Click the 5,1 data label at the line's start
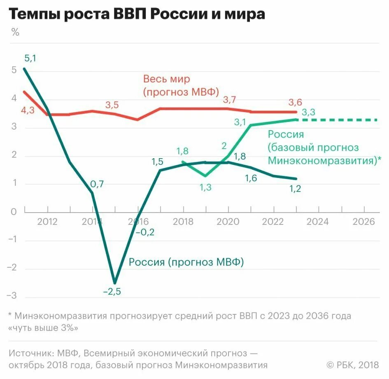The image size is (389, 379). tap(30, 58)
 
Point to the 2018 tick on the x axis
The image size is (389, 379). tap(183, 222)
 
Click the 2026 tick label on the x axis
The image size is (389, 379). tap(364, 222)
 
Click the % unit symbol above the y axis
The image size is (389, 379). tap(15, 33)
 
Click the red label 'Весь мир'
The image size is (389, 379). tap(166, 79)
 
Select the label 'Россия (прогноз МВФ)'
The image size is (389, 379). tap(186, 262)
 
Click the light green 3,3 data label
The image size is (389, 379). tap(309, 112)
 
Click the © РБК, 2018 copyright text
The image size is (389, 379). tap(352, 365)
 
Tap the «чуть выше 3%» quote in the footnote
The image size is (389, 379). tap(43, 328)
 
